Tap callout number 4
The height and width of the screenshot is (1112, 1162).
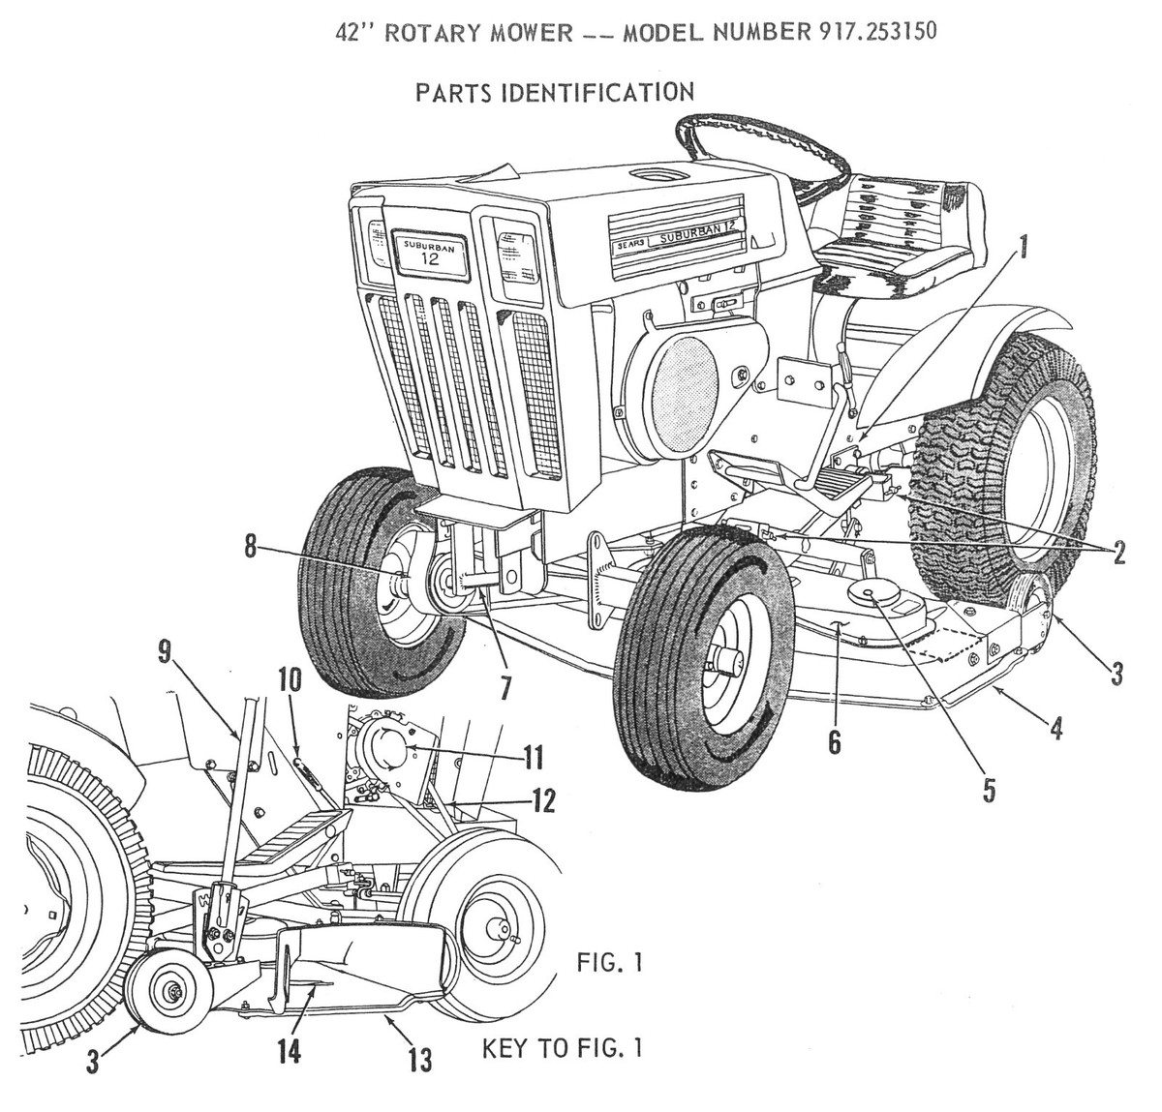coord(1056,726)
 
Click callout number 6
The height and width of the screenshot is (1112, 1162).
coord(835,741)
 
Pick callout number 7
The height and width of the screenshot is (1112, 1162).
coord(505,686)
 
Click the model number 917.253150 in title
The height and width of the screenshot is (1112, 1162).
coord(871,32)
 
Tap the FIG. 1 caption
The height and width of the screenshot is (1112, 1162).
coord(609,963)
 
